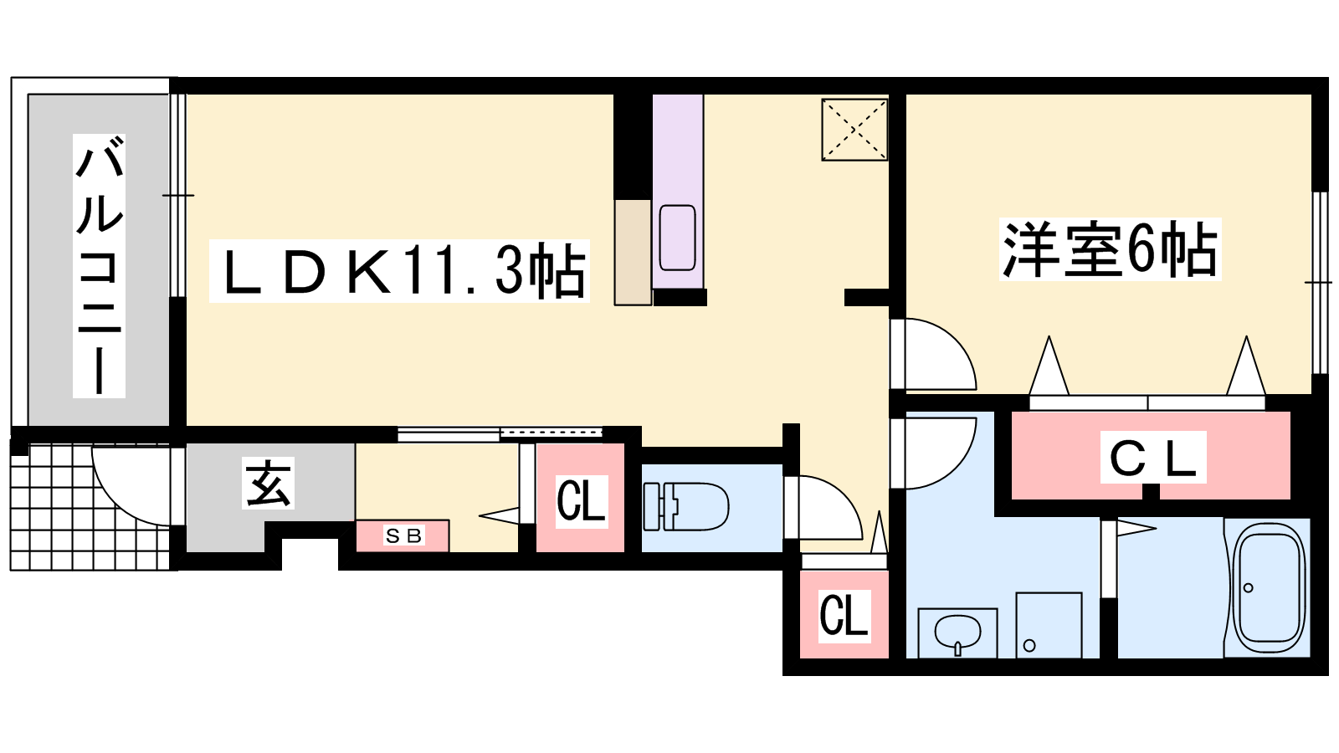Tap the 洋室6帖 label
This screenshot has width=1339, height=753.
coord(1111,249)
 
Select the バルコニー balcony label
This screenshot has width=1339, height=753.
coord(100,265)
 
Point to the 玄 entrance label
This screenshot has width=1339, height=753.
coord(268,483)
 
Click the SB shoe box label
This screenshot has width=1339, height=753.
coord(403,535)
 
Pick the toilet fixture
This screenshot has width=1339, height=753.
coord(685,506)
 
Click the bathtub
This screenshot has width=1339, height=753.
coord(1270,587)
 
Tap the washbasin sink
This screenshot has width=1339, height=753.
coord(957,633)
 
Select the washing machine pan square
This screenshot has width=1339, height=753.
coord(1049,625)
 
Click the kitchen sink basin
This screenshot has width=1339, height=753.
coord(677,238)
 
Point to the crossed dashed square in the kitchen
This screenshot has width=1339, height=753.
coord(854,129)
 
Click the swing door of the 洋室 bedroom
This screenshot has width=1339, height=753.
coord(933,354)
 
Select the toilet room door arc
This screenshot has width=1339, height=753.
coord(823,507)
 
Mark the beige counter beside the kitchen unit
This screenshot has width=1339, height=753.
coord(633,252)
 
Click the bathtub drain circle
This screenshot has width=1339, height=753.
coord(1248,588)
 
